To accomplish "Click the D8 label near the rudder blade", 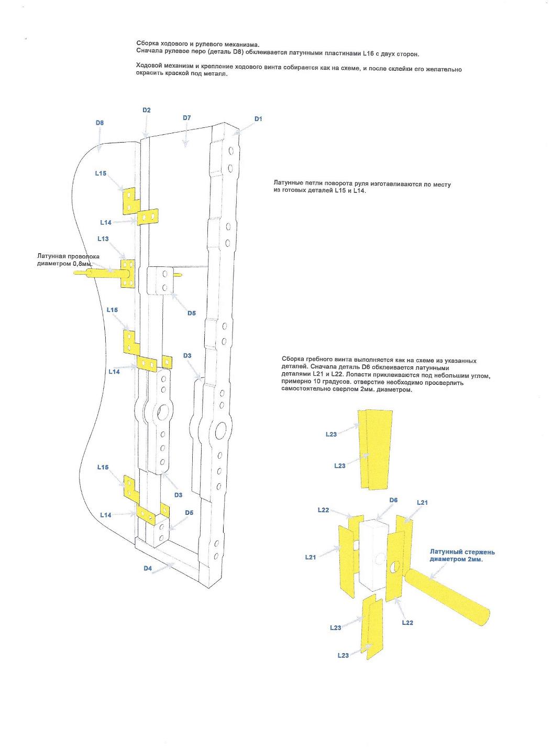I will coord(100,123).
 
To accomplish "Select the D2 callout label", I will coord(147,110).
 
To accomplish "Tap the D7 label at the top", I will coord(187,118).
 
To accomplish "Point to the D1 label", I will coord(258,119).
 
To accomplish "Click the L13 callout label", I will coord(103,239).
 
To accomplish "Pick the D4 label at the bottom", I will coord(148,568).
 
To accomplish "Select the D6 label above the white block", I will coord(393,500).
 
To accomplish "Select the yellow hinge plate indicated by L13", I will coord(128,273).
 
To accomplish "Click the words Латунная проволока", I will coord(68,256).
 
